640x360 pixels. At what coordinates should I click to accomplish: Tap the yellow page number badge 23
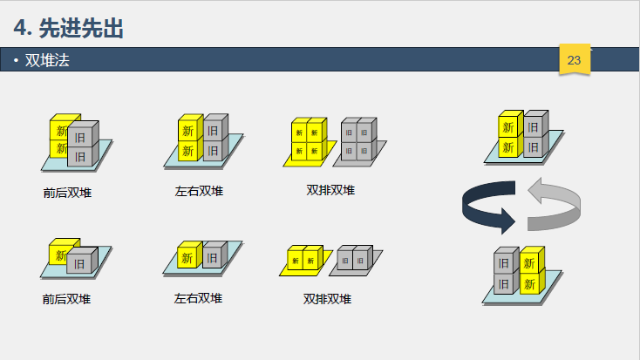574,60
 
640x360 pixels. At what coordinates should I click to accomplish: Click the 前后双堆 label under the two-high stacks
67,193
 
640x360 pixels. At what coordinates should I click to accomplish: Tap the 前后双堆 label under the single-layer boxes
67,299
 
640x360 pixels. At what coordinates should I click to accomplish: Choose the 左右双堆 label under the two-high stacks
199,191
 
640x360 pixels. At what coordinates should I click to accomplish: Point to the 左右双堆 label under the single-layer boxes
198,298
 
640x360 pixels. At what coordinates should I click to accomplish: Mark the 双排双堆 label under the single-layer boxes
328,299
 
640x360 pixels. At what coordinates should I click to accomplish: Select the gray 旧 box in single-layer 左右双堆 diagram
214,256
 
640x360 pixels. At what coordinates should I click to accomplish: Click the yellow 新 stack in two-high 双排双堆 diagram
308,141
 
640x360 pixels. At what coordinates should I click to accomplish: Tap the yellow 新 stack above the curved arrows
509,136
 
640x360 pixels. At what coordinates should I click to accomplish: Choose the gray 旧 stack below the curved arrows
504,273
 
